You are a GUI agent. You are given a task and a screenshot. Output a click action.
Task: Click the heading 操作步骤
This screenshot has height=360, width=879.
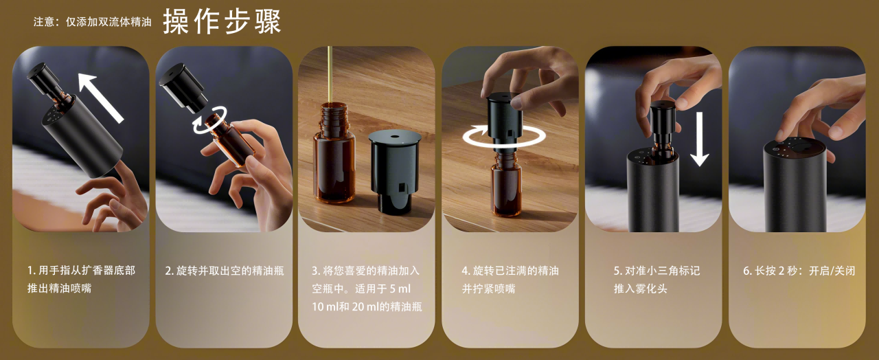222,21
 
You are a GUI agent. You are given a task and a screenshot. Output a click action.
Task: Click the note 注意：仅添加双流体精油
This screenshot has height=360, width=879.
93,21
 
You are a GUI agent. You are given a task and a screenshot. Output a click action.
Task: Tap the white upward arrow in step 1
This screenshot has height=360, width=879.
101,98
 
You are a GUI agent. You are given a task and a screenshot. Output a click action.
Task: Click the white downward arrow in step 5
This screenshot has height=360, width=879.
699,139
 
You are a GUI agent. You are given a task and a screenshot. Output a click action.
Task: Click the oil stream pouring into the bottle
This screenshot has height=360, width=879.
330,74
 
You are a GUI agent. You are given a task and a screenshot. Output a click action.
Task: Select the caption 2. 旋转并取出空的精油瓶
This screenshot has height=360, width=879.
225,271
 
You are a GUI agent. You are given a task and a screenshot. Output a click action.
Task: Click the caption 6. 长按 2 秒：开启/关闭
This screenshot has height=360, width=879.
799,271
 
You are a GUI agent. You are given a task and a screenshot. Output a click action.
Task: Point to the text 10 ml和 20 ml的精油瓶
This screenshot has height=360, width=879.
367,306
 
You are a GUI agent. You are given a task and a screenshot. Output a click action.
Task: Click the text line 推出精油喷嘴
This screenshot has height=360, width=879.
59,288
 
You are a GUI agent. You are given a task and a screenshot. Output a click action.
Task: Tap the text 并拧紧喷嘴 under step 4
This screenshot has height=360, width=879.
488,289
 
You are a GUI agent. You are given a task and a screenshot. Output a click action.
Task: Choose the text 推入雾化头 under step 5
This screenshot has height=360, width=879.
641,289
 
